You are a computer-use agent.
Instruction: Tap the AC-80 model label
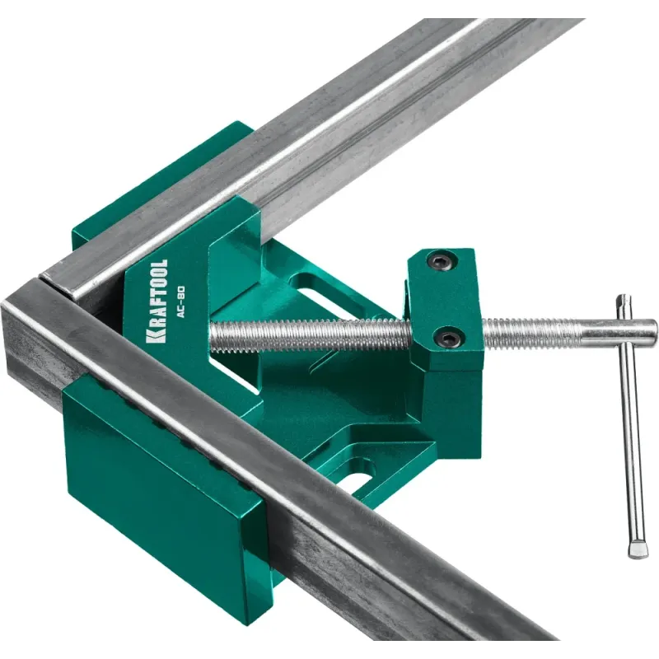[180, 301]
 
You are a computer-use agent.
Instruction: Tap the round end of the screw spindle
[650, 328]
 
